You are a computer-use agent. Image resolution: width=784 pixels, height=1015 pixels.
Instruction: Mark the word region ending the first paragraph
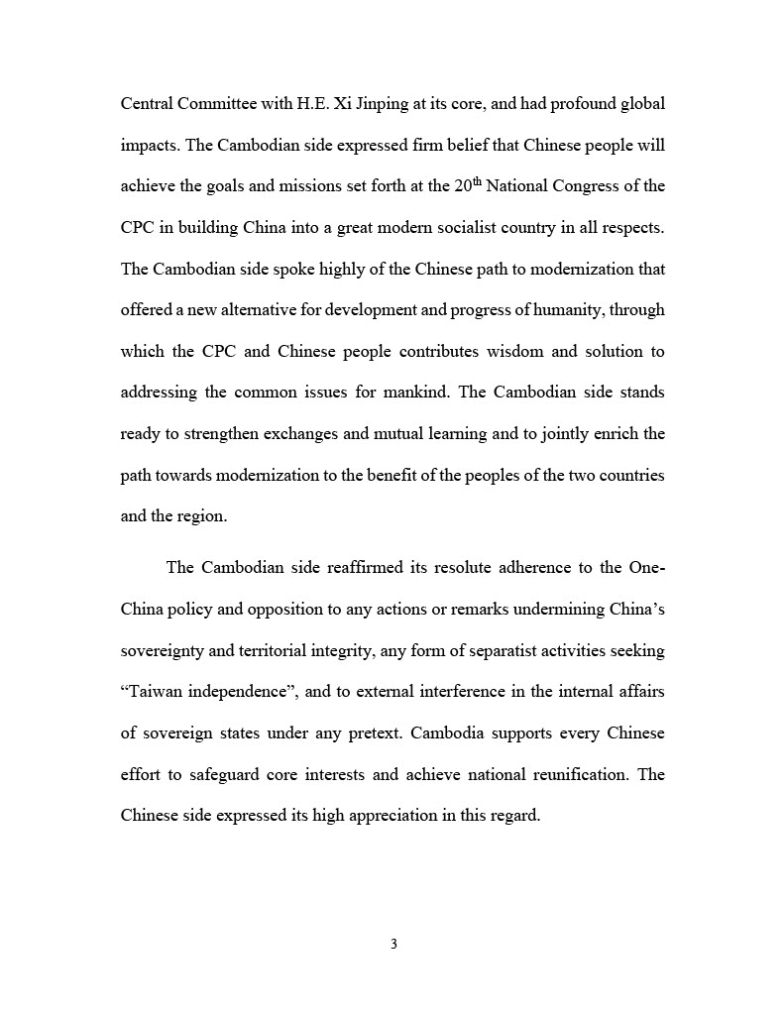tap(202, 515)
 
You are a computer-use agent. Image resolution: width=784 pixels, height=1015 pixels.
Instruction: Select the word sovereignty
tap(162, 650)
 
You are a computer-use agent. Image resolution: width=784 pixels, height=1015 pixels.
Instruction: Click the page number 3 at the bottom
tap(393, 944)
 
